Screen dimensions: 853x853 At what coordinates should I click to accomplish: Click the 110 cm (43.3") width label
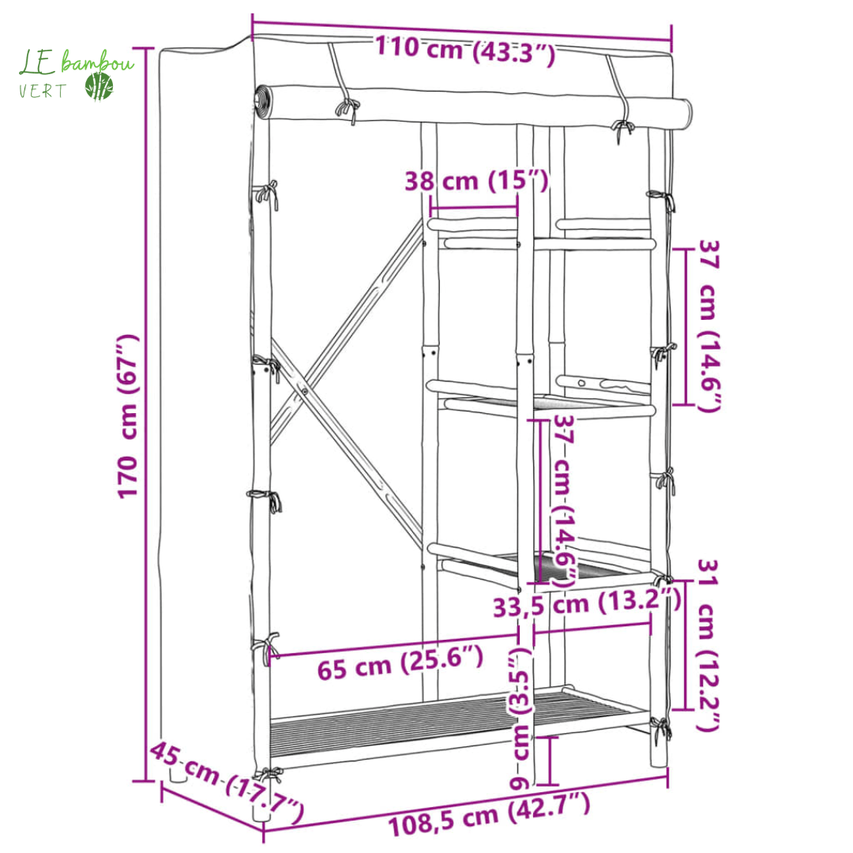click(465, 50)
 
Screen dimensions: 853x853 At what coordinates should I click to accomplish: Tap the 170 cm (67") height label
click(129, 416)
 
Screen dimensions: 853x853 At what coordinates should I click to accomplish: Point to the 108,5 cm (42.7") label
click(489, 814)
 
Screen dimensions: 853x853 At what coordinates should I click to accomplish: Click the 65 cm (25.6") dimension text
click(400, 662)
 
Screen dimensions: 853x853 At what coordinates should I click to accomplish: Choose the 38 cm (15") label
click(476, 181)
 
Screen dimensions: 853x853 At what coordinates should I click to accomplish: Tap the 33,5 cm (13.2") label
click(587, 603)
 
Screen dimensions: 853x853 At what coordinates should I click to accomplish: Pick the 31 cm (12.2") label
click(708, 645)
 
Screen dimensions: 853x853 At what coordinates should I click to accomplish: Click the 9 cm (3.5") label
click(520, 718)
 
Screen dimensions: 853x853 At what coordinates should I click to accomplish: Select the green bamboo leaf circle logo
click(99, 86)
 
